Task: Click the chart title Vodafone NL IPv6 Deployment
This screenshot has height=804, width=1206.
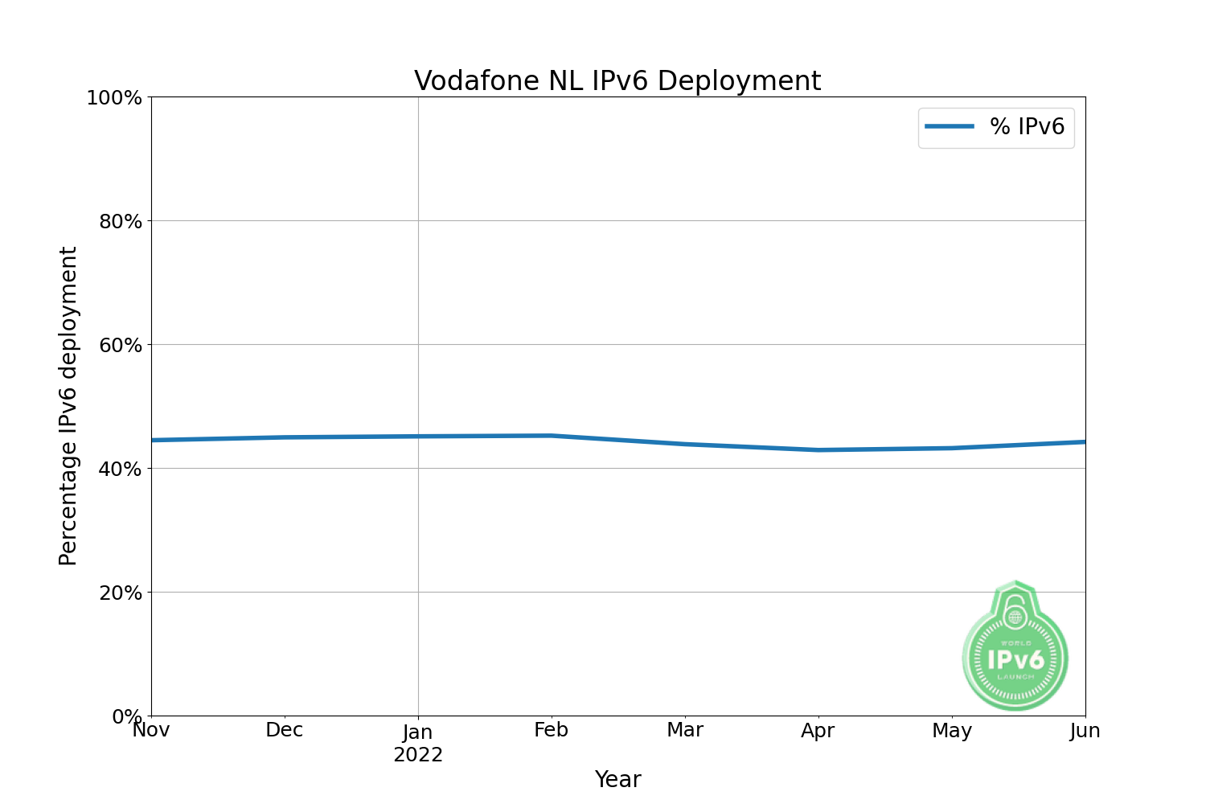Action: [x=617, y=81]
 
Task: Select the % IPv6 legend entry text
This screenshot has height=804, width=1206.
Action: [x=1027, y=127]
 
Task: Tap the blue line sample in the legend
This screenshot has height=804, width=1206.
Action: [x=950, y=127]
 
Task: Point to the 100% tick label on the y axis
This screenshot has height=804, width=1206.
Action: [x=114, y=98]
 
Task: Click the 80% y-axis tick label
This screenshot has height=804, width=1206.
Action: [x=121, y=222]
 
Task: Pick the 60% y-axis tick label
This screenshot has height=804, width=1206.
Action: [x=121, y=346]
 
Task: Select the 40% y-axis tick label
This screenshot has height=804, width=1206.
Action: [x=121, y=470]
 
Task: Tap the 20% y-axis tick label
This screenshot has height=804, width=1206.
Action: [x=121, y=593]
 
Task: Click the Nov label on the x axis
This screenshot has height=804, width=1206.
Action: [x=151, y=730]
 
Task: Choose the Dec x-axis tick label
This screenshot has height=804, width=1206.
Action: [x=285, y=730]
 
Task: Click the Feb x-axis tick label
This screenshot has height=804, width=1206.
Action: [x=552, y=730]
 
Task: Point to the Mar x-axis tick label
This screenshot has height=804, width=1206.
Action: [x=685, y=730]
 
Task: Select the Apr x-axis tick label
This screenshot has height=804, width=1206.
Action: [x=818, y=731]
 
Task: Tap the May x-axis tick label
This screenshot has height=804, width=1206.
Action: [x=952, y=731]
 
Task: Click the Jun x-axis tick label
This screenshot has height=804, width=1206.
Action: [x=1085, y=730]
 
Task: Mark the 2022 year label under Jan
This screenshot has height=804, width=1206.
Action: [x=418, y=755]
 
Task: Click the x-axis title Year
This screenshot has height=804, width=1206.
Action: [x=617, y=780]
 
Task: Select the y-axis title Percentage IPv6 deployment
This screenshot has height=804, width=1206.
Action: [x=69, y=406]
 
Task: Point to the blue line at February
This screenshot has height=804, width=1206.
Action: [x=552, y=436]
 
